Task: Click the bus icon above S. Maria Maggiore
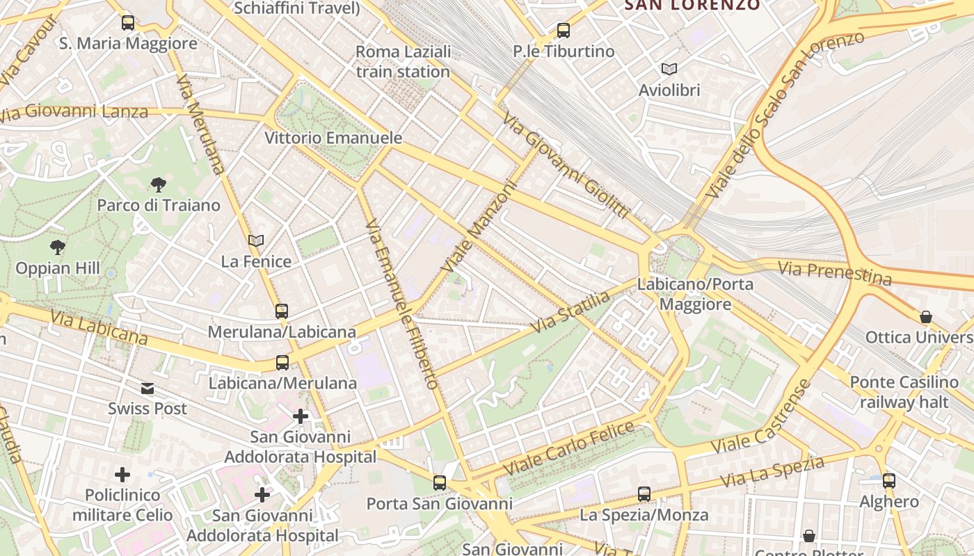[x=128, y=23]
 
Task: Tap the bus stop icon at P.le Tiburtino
[x=564, y=31]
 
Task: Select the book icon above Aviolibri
[x=669, y=69]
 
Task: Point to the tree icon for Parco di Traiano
[x=159, y=185]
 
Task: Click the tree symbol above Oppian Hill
[x=58, y=247]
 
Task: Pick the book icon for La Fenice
[x=256, y=241]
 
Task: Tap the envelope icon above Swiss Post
[x=147, y=388]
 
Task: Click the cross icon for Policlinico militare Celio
[x=122, y=475]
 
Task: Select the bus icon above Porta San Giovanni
[x=439, y=483]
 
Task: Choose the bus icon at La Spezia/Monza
[x=644, y=494]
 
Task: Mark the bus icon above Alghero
[x=888, y=480]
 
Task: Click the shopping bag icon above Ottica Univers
[x=926, y=317]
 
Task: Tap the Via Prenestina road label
[x=834, y=273]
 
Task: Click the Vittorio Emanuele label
[x=333, y=138]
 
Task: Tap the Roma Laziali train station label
[x=403, y=62]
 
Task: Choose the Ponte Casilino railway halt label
[x=904, y=392]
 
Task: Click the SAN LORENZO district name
[x=692, y=6]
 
